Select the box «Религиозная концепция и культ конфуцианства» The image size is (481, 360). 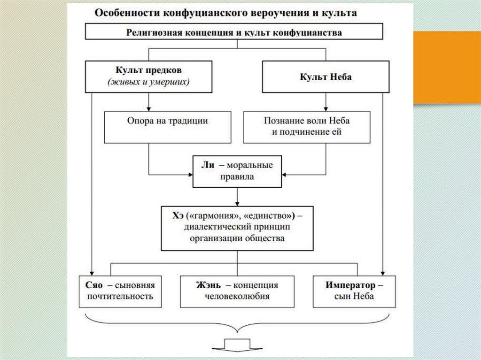[233, 32]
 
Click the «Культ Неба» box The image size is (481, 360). [326, 77]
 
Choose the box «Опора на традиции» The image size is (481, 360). [167, 127]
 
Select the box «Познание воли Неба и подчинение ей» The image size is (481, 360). [306, 127]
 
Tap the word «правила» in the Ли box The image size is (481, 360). [237, 177]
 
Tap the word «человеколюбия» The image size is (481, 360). [237, 296]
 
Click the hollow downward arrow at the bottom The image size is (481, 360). [238, 344]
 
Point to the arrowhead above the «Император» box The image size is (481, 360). [384, 272]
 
